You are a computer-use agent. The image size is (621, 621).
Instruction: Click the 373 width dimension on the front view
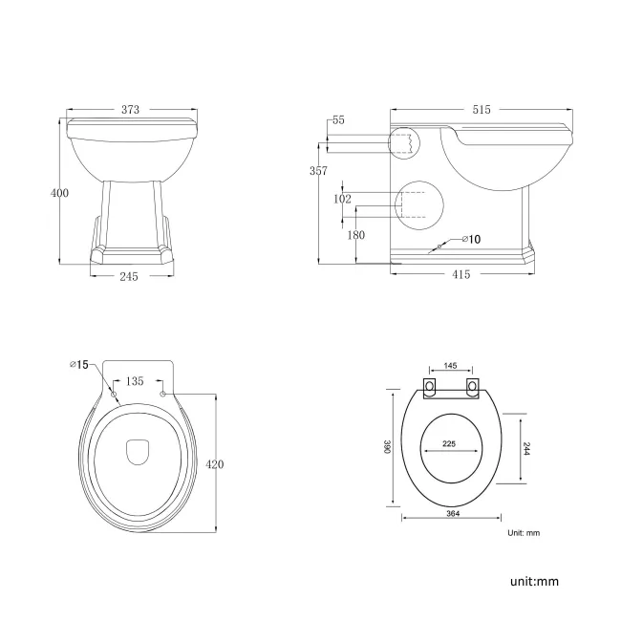[130, 110]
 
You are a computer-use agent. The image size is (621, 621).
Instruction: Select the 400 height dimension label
[59, 193]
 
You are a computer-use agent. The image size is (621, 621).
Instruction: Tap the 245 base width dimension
[129, 277]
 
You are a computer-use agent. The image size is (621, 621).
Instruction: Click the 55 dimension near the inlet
[338, 121]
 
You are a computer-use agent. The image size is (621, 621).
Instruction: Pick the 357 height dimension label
[319, 171]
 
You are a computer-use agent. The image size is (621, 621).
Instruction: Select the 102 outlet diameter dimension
[343, 200]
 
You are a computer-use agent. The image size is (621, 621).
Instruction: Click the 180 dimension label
[355, 235]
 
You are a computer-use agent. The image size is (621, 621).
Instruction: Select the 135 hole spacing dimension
[135, 381]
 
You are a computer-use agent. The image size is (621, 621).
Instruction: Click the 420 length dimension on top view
[215, 464]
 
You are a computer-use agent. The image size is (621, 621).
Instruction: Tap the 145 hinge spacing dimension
[451, 366]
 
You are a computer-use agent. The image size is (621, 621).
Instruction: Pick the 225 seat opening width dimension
[448, 442]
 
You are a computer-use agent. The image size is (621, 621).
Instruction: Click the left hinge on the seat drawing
[430, 387]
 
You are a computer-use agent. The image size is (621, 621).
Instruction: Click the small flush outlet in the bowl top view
[139, 448]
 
